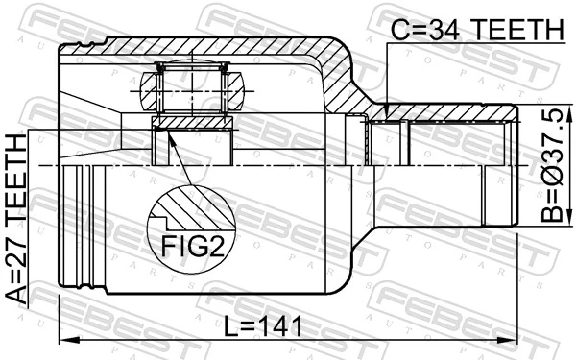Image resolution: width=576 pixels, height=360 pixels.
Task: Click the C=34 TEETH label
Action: (474, 31)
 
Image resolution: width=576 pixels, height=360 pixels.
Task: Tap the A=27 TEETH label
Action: (18, 220)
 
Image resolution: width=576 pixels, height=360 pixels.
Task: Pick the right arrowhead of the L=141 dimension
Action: (514, 339)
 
